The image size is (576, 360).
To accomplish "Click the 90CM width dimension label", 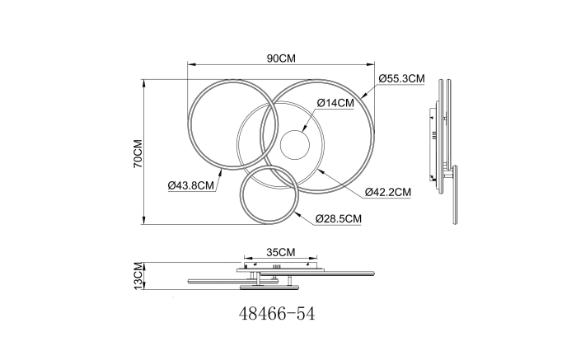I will tap(280, 58).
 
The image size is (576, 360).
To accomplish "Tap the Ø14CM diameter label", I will tap(335, 103).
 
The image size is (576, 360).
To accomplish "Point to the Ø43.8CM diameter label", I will tap(191, 185).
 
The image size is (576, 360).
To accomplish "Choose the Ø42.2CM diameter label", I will tap(387, 192).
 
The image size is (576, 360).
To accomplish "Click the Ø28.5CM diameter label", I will tap(339, 218).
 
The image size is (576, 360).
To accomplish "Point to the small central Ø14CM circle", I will tap(295, 146).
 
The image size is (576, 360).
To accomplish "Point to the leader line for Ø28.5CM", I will tap(304, 214).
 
